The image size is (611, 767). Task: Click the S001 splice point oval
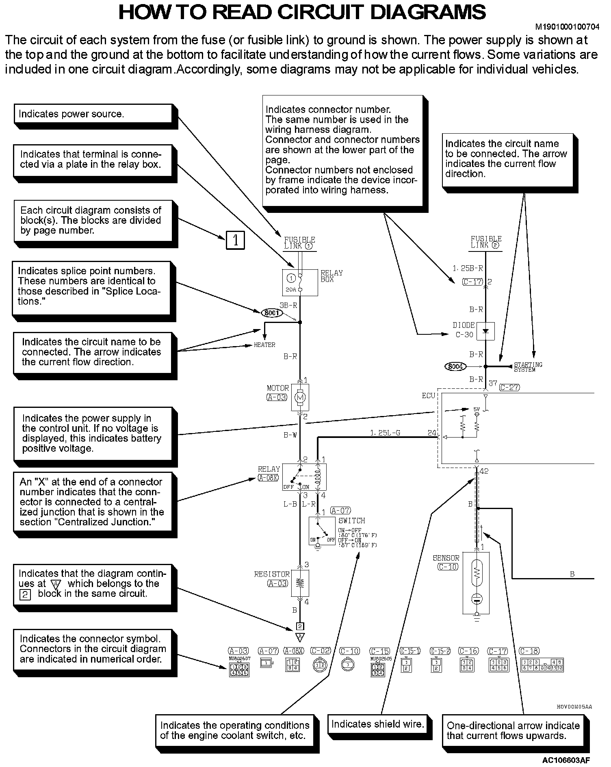(271, 313)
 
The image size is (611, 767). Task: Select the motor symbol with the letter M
(301, 397)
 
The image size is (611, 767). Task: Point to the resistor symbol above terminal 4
(300, 583)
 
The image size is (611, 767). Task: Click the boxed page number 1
(235, 240)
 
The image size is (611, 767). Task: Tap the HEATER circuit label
(264, 345)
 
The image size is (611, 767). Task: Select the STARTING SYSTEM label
(528, 367)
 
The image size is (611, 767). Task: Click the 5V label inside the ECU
(477, 409)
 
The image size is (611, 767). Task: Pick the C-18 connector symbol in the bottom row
(542, 665)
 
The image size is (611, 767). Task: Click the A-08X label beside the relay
(269, 478)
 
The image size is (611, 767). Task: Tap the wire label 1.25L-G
(385, 433)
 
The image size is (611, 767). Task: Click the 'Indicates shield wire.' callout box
(378, 724)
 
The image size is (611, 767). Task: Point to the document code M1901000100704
(567, 27)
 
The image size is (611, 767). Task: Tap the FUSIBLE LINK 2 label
(486, 242)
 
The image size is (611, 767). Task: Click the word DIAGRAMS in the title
(428, 12)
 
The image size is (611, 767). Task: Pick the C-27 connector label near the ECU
(509, 387)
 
